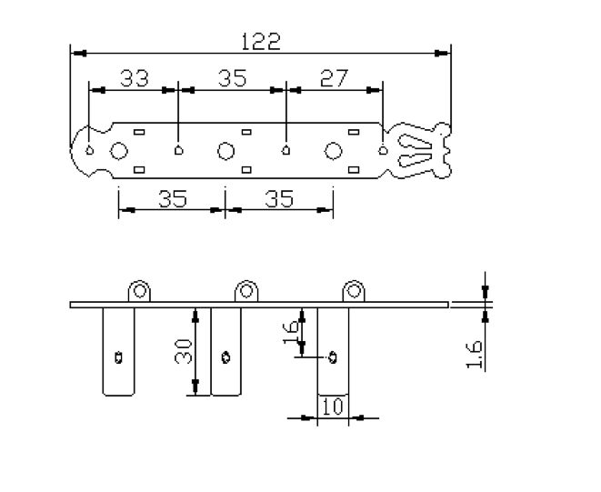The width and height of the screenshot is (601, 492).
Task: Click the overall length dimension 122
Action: coord(261,42)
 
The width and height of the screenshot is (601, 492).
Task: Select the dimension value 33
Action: coord(135,78)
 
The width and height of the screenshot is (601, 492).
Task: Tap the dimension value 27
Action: coord(335,78)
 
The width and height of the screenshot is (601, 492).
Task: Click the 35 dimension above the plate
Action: coord(232,78)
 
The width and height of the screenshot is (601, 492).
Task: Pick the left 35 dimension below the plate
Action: coord(173,198)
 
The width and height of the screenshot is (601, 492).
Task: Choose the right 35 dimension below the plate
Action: coord(279,198)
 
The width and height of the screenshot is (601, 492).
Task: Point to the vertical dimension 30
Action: coord(184,351)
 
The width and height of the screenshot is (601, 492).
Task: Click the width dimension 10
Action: coord(333,407)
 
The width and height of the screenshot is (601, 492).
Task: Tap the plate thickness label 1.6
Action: coord(474,355)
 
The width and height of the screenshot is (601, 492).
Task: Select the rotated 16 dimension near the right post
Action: coord(291,333)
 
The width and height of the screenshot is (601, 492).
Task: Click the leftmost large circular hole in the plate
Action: coord(119,151)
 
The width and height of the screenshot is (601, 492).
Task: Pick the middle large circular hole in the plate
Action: coord(225,151)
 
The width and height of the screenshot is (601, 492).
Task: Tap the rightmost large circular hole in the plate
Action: coord(333,151)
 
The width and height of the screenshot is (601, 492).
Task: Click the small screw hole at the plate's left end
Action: coord(90,150)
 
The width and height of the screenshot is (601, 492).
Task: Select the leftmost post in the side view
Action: coord(118,351)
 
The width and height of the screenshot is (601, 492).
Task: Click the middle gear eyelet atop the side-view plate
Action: coord(246,291)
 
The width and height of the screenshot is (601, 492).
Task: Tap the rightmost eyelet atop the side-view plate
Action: coord(354,291)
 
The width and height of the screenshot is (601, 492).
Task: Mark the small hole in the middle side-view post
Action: coord(225,357)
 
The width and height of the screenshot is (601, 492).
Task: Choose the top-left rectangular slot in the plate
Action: coord(139,132)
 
